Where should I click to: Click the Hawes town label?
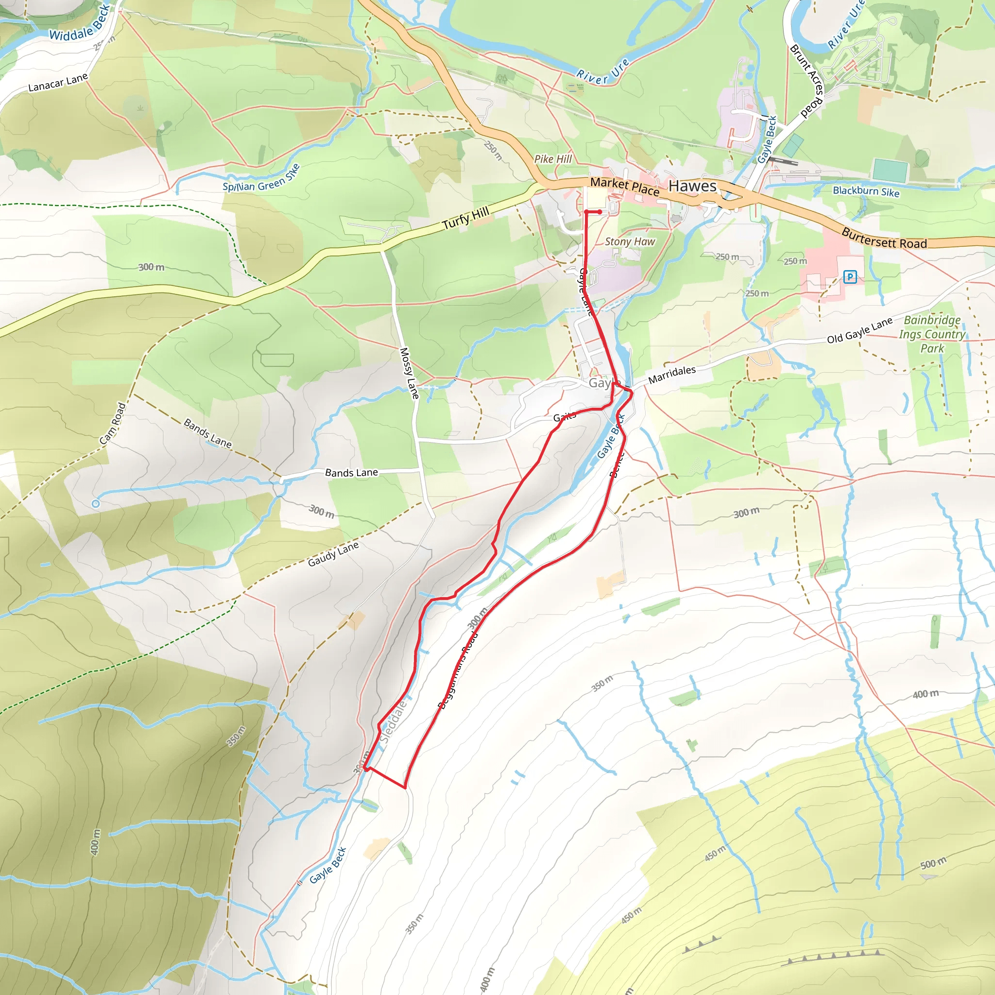coord(692,186)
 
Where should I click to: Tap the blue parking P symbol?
coord(850,277)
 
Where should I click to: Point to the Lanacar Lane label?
coord(58,83)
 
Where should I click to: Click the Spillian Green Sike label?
coord(261,179)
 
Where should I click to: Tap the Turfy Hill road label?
coord(465,218)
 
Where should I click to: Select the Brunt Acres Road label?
coord(807,81)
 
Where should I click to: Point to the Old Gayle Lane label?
coord(859,330)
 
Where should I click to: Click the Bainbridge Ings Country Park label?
coord(932,334)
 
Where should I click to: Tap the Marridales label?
coord(671,375)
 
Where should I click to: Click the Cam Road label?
coord(113,423)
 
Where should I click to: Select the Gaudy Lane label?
coord(333,554)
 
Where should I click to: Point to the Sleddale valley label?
coord(394,721)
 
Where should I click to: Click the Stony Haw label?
coord(630,241)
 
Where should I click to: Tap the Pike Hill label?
coord(552,159)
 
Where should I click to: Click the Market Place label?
coord(625,186)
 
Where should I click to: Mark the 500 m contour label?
coord(933,863)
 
